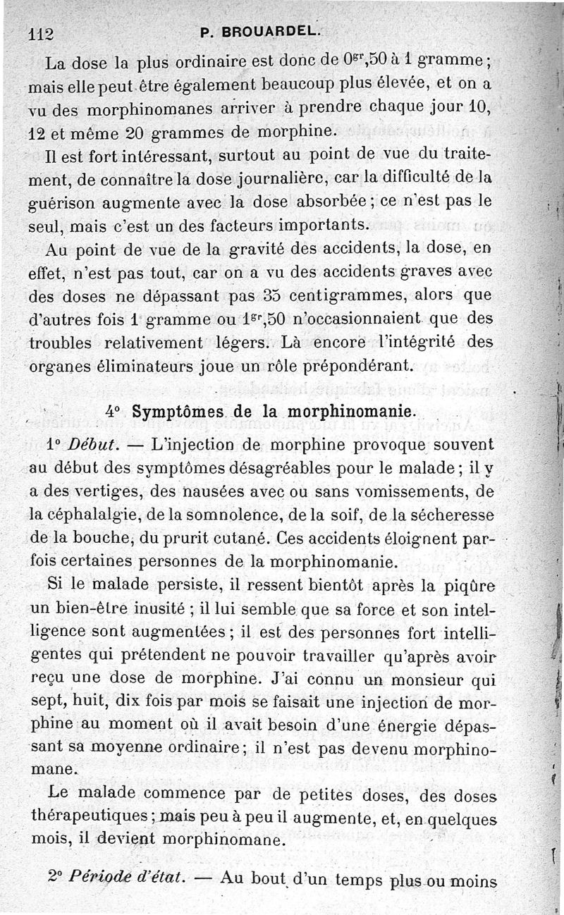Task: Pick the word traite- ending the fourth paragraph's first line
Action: pyautogui.click(x=457, y=154)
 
